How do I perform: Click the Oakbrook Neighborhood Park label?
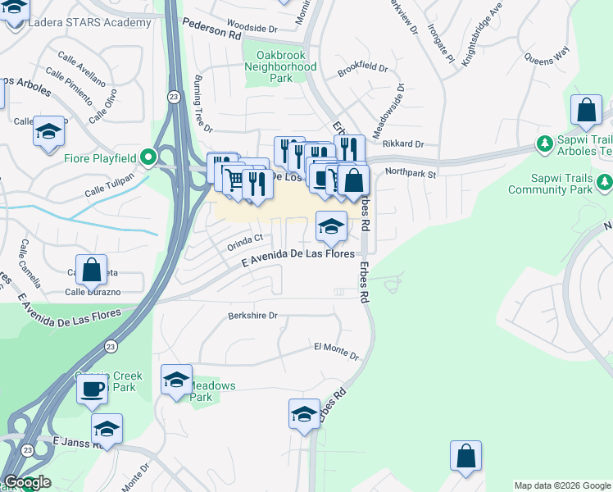tap(281, 66)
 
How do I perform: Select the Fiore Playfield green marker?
tap(148, 156)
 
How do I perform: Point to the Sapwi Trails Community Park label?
tap(561, 184)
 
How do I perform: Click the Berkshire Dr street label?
tap(252, 316)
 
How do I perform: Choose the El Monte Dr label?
tap(336, 352)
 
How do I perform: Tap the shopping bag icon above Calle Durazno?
tap(92, 270)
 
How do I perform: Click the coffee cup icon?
tap(93, 388)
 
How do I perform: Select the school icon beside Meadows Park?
tap(176, 380)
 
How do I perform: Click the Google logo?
tap(26, 482)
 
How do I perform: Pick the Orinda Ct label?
tap(245, 239)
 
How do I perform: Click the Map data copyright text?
tap(561, 485)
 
